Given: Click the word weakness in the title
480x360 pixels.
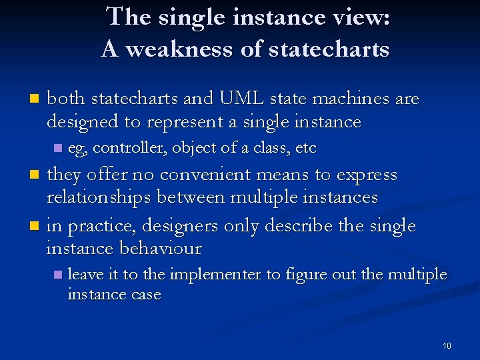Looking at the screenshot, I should point(171,49).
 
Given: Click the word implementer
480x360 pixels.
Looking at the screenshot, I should point(217,274).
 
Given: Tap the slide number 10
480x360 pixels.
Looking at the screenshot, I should point(447,346).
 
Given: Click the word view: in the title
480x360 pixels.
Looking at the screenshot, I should point(361,17).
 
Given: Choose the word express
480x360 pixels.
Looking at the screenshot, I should point(367,175).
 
